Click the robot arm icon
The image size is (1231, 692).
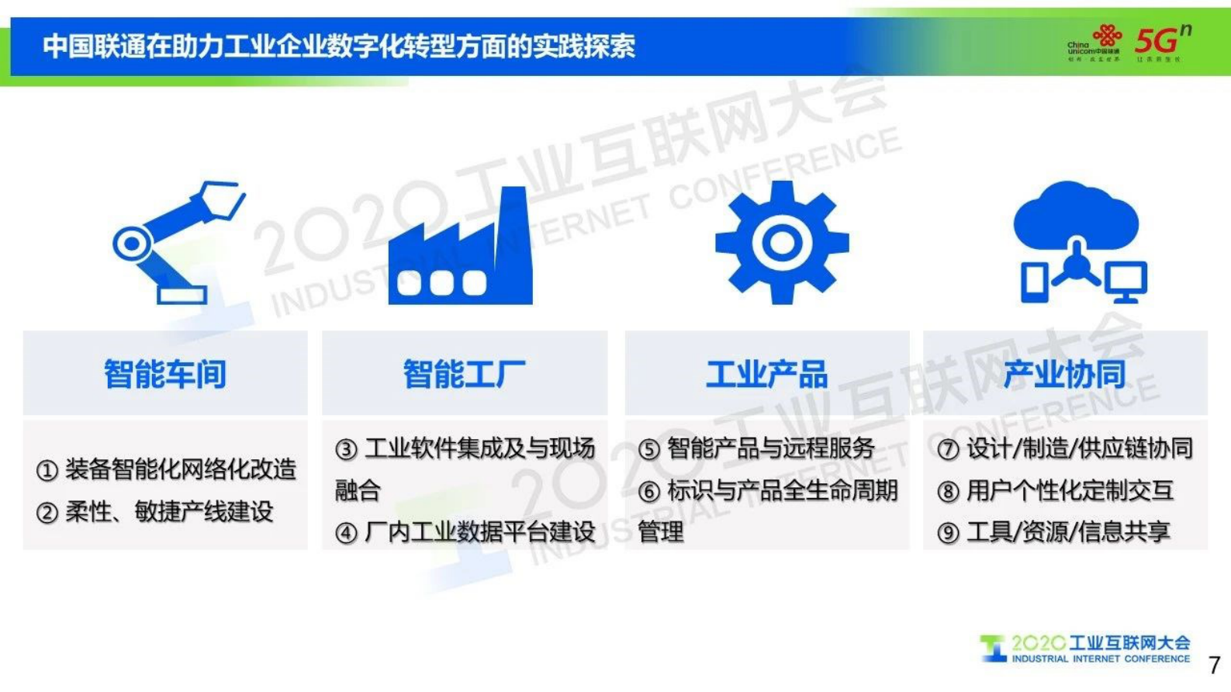177,242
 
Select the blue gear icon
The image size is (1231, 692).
781,242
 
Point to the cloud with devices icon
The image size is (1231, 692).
1078,242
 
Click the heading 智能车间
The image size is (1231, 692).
165,374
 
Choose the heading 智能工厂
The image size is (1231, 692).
464,374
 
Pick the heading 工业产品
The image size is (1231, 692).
766,374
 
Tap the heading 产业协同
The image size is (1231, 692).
1064,374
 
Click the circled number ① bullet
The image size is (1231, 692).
47,470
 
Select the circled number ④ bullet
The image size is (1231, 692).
346,533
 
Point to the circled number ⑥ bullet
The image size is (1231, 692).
649,491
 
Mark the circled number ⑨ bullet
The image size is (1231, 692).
948,533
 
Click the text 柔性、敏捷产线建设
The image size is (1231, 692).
169,512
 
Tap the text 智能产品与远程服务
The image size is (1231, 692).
771,448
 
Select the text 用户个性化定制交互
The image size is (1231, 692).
1070,491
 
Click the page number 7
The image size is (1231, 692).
1215,666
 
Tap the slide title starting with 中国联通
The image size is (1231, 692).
339,47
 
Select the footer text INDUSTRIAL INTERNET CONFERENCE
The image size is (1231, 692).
1100,659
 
